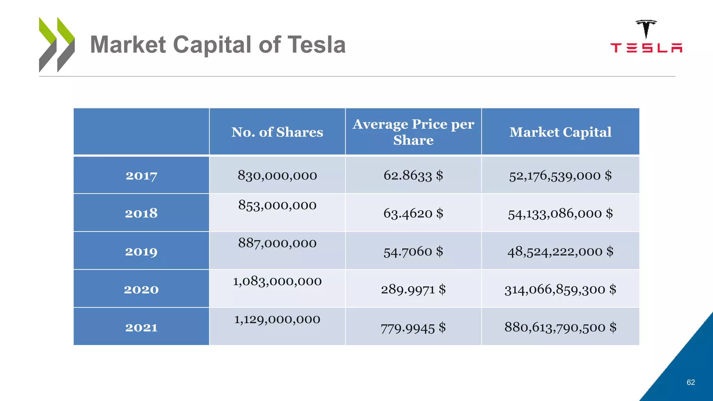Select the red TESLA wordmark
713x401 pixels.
(646, 48)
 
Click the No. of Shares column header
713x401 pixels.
(277, 132)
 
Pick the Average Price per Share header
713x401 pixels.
(413, 132)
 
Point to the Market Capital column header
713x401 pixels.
(560, 132)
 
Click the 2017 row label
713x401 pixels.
(141, 176)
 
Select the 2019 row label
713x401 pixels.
(141, 252)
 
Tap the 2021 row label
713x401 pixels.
(141, 328)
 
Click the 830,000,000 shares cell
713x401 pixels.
(277, 175)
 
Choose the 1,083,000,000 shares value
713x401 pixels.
(277, 281)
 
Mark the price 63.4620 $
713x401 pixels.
(413, 213)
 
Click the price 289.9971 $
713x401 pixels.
(413, 290)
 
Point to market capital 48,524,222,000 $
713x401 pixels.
(560, 251)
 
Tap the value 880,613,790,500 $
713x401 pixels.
(560, 327)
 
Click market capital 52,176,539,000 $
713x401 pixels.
(560, 175)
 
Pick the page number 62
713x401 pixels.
(691, 382)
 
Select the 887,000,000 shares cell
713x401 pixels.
(277, 243)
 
